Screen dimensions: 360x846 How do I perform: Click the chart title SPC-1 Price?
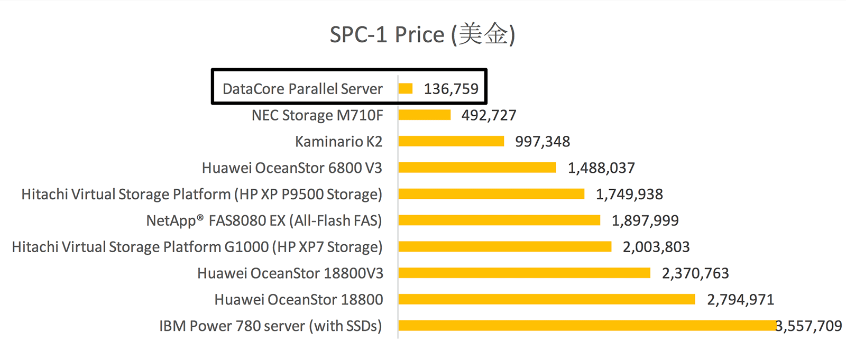(422, 35)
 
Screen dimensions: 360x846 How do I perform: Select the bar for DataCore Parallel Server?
(406, 88)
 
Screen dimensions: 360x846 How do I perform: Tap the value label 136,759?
(451, 89)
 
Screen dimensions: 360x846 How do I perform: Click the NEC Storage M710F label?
(317, 115)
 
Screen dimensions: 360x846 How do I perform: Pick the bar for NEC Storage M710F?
(425, 115)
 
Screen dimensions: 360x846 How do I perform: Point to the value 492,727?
(489, 115)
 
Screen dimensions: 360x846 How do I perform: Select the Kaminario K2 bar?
(451, 141)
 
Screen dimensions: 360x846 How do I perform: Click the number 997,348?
(542, 142)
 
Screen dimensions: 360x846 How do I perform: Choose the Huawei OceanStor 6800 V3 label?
(292, 168)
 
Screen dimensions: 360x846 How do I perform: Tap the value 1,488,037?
(601, 168)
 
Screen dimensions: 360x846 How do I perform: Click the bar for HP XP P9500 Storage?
(491, 194)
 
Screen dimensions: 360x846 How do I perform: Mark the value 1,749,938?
(629, 195)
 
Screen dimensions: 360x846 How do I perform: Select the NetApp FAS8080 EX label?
(264, 220)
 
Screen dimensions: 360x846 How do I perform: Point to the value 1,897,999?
(645, 220)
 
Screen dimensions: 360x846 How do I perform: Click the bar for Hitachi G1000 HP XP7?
(505, 246)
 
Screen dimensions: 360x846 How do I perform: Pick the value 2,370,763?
(695, 273)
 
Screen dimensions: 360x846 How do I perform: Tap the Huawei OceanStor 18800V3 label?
(290, 273)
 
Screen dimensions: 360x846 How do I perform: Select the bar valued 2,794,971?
(547, 299)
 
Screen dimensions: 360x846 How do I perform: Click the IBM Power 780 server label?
(270, 326)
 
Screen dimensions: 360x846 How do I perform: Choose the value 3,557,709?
(809, 326)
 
